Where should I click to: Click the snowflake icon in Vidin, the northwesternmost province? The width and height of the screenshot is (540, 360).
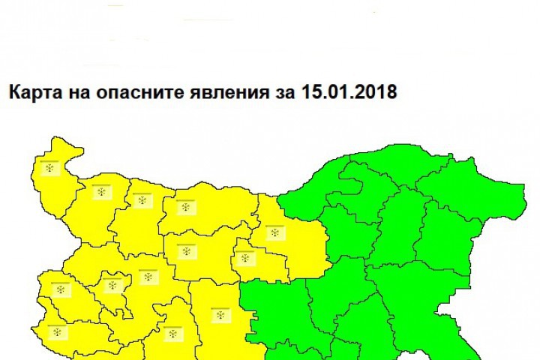click(50, 169)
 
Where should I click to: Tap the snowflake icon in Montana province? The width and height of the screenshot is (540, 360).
click(101, 193)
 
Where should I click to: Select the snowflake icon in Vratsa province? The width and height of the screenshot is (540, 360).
click(140, 200)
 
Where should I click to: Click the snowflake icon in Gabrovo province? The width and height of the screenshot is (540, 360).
click(244, 259)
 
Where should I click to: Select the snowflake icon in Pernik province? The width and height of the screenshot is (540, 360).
click(58, 287)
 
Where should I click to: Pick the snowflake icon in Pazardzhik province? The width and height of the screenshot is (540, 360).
click(173, 331)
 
